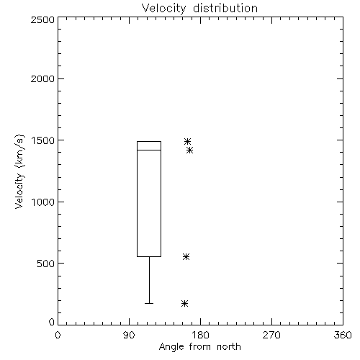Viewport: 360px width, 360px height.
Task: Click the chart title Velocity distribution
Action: click(199, 9)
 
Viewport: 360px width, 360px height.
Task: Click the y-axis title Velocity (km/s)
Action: click(19, 171)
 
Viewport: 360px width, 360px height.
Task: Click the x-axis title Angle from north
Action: click(199, 346)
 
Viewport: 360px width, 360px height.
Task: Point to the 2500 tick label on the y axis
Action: click(42, 19)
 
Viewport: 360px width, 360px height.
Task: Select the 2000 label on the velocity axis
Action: click(42, 79)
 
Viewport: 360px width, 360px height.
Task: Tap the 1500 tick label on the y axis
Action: click(43, 140)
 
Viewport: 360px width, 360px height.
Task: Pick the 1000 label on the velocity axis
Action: click(43, 202)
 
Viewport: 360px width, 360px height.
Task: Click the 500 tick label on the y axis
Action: click(46, 264)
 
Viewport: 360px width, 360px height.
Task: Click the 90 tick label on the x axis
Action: click(129, 335)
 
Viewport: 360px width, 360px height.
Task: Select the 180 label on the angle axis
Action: click(200, 335)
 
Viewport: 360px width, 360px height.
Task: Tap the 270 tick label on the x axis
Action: click(271, 335)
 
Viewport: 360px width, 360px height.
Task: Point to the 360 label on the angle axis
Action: click(343, 335)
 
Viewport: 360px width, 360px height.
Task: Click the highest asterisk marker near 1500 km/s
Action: click(187, 141)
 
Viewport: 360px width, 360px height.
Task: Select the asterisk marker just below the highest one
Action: click(189, 150)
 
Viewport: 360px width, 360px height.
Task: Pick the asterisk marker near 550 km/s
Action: click(186, 257)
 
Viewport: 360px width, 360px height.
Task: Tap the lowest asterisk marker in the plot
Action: click(184, 304)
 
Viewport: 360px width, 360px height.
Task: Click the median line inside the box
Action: click(149, 150)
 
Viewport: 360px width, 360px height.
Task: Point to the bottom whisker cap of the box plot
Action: click(149, 303)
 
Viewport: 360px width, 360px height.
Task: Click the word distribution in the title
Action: click(225, 9)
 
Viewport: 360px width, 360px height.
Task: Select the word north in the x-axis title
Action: click(229, 346)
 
